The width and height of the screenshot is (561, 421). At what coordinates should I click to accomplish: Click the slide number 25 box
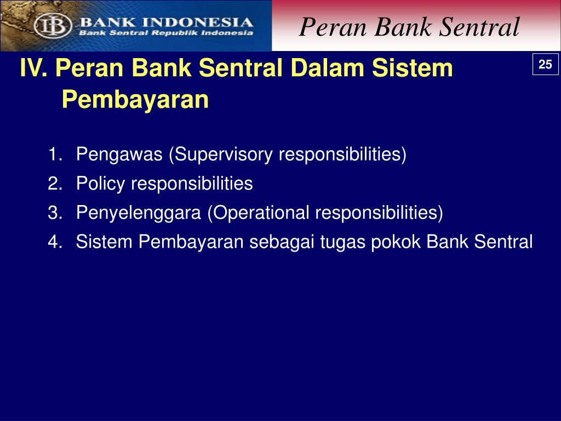coord(545,64)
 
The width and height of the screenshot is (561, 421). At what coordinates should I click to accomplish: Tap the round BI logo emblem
coord(53,26)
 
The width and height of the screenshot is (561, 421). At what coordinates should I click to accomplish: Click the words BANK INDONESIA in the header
coord(167,22)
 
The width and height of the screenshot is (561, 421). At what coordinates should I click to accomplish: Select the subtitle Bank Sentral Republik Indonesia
coord(166,33)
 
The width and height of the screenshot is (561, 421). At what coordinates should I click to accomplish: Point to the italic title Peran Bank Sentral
coord(409,27)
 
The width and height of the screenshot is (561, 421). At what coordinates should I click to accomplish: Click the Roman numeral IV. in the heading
coord(33,67)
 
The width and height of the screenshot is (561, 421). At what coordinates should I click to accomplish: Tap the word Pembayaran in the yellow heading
coord(135,100)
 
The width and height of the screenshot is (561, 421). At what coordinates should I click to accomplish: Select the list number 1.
coord(55,154)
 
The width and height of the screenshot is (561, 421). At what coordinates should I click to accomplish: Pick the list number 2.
coord(55,183)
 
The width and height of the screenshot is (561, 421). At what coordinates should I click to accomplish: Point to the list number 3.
coord(55,213)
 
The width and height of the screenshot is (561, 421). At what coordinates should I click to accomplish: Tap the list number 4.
coord(55,242)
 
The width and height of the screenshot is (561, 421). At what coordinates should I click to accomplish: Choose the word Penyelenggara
coord(139,213)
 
